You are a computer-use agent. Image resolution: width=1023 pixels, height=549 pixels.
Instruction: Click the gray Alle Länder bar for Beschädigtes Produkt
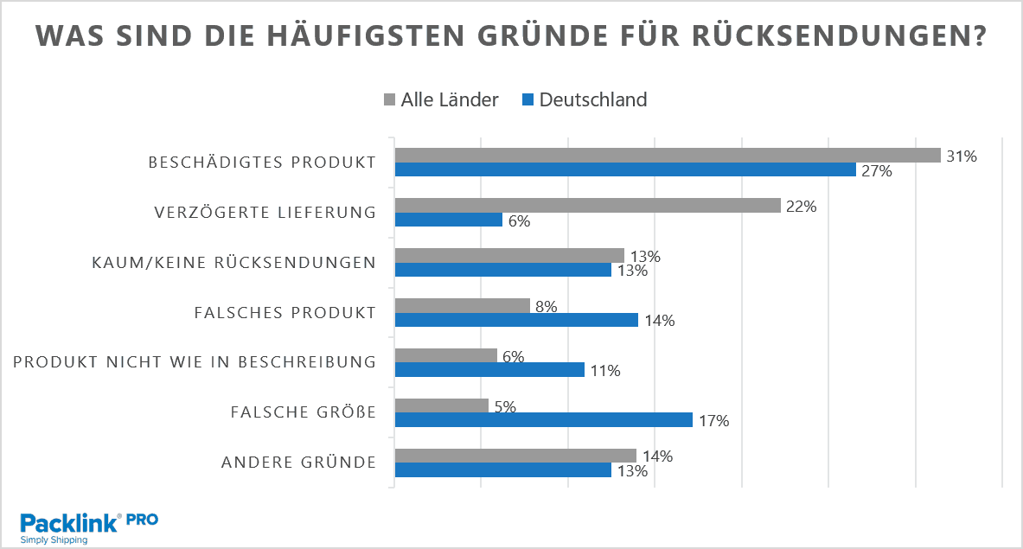tap(668, 156)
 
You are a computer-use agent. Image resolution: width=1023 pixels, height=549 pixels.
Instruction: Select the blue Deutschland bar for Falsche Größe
tap(543, 420)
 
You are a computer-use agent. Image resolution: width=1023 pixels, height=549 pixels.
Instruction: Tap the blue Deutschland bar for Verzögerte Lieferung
tap(448, 220)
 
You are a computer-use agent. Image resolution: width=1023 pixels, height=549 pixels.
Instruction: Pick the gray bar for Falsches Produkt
tap(462, 305)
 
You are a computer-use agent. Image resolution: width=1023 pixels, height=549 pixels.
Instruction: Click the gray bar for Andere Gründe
tap(515, 456)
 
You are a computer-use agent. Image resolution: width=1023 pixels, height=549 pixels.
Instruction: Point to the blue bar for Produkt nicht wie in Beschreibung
tap(489, 370)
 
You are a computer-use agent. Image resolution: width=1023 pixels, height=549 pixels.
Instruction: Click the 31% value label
tap(961, 156)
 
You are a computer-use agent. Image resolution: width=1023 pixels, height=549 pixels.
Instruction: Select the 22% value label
tap(801, 207)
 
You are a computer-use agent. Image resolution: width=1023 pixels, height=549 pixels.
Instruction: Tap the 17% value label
tap(713, 421)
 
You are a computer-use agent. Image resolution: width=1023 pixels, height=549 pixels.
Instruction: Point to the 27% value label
tap(875, 171)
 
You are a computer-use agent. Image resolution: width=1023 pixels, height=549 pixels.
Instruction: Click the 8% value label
tap(546, 306)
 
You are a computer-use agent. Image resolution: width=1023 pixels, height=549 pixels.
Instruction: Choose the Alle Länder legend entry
tap(440, 99)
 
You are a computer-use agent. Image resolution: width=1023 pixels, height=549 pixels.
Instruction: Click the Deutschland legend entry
tap(584, 99)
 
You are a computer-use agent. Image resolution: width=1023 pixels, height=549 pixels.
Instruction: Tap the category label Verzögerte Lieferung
tap(265, 213)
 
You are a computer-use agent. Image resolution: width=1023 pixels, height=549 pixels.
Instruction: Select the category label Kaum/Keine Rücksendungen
tap(234, 263)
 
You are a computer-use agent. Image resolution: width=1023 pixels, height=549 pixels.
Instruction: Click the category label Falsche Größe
tap(304, 412)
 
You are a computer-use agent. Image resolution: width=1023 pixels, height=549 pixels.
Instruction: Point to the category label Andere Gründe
tap(299, 463)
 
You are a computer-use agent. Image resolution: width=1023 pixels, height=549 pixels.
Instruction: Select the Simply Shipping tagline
tap(54, 539)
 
